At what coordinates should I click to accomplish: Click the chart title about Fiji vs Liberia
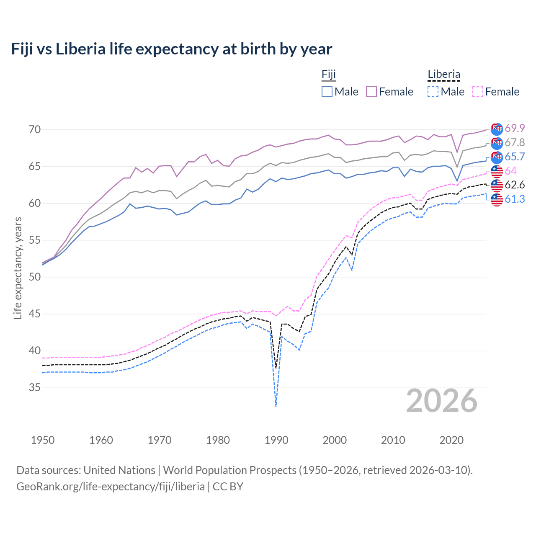point(171,49)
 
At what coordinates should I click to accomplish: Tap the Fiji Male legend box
point(327,92)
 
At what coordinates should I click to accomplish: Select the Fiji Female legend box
point(371,92)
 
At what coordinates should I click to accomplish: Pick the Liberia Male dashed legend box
point(433,92)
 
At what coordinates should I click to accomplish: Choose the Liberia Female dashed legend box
point(478,92)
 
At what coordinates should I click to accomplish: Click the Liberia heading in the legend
point(444,75)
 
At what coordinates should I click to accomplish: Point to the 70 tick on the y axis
point(35,129)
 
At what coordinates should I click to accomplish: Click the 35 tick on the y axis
point(35,388)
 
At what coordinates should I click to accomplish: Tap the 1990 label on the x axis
point(276,440)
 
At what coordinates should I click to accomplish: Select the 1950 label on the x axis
point(43,440)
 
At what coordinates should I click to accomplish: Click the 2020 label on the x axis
point(451,440)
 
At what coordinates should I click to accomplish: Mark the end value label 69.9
point(515,128)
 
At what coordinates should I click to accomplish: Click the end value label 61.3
point(515,199)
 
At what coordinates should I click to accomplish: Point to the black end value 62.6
point(515,185)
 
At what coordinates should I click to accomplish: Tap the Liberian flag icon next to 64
point(497,171)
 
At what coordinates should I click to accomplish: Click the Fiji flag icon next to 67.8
point(497,143)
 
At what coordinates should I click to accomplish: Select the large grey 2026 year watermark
point(442,401)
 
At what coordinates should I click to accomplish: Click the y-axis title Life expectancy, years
point(18,268)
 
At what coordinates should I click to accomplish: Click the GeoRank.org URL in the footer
point(111,487)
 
